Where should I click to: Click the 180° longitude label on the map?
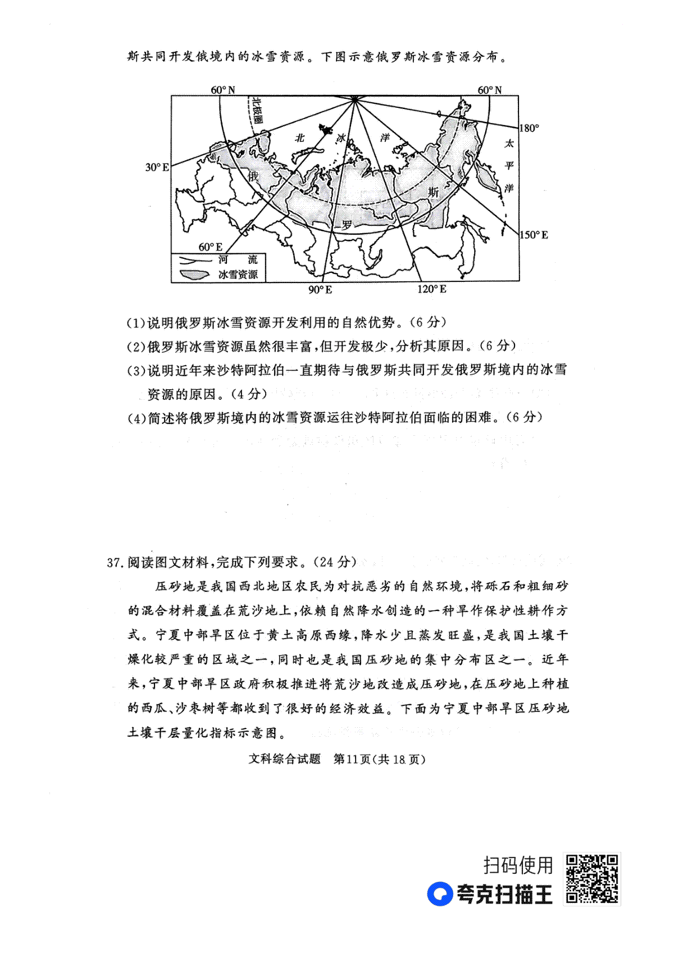529,128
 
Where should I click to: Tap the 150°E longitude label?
533,235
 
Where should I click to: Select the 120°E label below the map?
431,289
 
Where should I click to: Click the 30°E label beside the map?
157,167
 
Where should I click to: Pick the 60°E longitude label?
210,247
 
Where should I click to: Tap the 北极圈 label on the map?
257,110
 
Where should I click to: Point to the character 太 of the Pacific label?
509,144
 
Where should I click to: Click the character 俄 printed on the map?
253,176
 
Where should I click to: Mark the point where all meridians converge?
354,99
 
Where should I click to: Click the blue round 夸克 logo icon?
440,894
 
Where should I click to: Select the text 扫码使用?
518,865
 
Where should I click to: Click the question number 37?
114,562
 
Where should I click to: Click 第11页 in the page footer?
352,759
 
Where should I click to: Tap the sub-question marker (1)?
136,323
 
